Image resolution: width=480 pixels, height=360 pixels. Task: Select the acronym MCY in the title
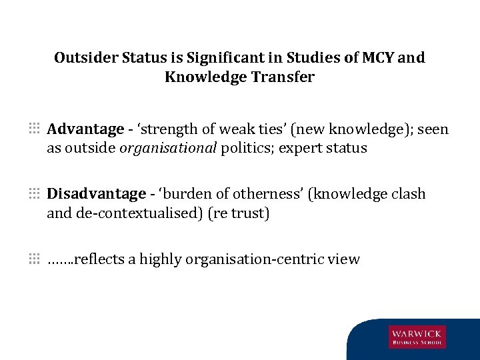pyautogui.click(x=378, y=58)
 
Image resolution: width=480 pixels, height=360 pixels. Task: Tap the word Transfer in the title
pyautogui.click(x=283, y=77)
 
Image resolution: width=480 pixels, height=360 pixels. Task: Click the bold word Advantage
pyautogui.click(x=85, y=129)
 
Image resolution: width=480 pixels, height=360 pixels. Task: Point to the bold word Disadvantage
pyautogui.click(x=96, y=194)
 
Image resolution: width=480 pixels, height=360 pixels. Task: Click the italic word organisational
pyautogui.click(x=168, y=148)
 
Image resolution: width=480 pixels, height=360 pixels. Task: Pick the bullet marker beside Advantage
pyautogui.click(x=34, y=127)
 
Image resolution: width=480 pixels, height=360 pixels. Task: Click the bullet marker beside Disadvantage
pyautogui.click(x=34, y=193)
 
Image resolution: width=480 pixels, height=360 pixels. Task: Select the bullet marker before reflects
pyautogui.click(x=34, y=257)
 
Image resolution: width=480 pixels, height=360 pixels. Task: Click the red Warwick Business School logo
pyautogui.click(x=417, y=337)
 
